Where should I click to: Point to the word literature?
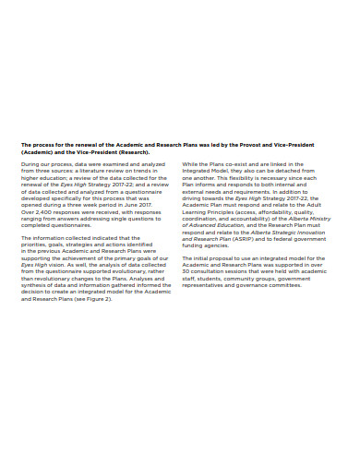pyautogui.click(x=92, y=170)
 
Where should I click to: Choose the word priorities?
pyautogui.click(x=36, y=244)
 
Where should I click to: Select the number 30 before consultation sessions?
pyautogui.click(x=186, y=271)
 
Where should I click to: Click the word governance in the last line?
pyautogui.click(x=260, y=285)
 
